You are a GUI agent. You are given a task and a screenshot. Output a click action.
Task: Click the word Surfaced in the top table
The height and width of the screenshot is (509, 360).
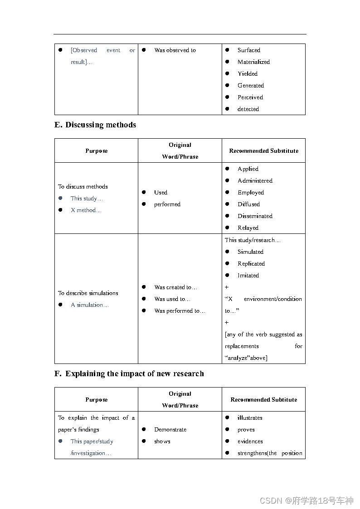pyautogui.click(x=248, y=50)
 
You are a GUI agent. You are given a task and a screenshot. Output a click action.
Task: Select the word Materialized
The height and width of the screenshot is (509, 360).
pyautogui.click(x=253, y=62)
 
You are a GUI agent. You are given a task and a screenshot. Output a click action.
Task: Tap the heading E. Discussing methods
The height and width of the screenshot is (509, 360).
pyautogui.click(x=95, y=125)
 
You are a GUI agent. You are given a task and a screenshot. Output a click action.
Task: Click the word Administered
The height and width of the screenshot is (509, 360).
pyautogui.click(x=255, y=181)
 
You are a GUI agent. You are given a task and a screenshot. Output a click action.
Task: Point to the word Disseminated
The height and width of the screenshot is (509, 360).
pyautogui.click(x=255, y=216)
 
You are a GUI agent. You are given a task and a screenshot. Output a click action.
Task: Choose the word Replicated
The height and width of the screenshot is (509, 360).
pyautogui.click(x=251, y=264)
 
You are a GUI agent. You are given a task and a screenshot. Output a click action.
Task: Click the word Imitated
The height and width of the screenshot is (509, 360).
pyautogui.click(x=248, y=276)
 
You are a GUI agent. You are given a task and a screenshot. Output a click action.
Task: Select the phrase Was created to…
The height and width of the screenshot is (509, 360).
pyautogui.click(x=175, y=287)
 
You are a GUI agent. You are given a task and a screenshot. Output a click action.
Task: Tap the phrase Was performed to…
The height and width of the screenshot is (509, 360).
pyautogui.click(x=180, y=311)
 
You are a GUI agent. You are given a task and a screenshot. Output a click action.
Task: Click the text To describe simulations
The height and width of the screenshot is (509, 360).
pyautogui.click(x=88, y=293)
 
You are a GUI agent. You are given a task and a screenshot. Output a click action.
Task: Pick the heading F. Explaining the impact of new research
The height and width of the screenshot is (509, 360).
pyautogui.click(x=129, y=373)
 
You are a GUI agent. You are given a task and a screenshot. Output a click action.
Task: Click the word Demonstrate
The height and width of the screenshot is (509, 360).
pyautogui.click(x=170, y=430)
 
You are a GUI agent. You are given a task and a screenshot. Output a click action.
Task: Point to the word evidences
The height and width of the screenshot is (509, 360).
pyautogui.click(x=250, y=441)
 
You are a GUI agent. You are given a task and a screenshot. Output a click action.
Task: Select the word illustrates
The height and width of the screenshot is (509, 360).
pyautogui.click(x=250, y=418)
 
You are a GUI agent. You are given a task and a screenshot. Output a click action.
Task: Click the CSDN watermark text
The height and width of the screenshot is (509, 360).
pyautogui.click(x=306, y=500)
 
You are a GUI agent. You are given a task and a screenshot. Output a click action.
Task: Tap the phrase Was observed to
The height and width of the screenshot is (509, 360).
pyautogui.click(x=175, y=50)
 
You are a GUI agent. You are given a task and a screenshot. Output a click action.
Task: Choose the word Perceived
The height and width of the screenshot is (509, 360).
pyautogui.click(x=250, y=97)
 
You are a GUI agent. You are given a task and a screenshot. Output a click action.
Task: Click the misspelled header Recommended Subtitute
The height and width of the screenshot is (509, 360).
pyautogui.click(x=263, y=400)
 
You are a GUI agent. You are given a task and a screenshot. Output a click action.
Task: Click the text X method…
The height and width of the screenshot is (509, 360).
pyautogui.click(x=86, y=210)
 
